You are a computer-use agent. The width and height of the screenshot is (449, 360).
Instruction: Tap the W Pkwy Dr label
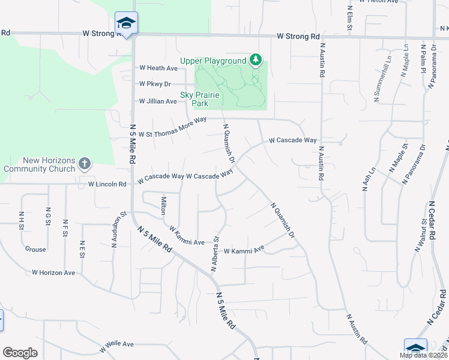(155, 84)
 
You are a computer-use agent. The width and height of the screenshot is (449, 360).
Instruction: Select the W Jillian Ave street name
(158, 101)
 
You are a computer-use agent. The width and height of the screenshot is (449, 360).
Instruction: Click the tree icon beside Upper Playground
(256, 59)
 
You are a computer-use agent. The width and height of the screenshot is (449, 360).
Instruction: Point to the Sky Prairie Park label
(200, 99)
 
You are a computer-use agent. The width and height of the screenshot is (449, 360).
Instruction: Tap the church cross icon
(85, 163)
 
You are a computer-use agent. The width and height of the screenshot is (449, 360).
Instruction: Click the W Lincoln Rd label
(107, 184)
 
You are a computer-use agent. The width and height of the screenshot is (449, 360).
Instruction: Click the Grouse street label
(35, 249)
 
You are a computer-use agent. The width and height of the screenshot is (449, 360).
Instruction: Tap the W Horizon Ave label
(54, 272)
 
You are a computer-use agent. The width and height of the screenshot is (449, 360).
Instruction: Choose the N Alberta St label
(214, 252)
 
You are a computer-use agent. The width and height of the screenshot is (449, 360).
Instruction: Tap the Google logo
(20, 353)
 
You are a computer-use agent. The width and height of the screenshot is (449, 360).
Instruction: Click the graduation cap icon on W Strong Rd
(126, 23)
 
